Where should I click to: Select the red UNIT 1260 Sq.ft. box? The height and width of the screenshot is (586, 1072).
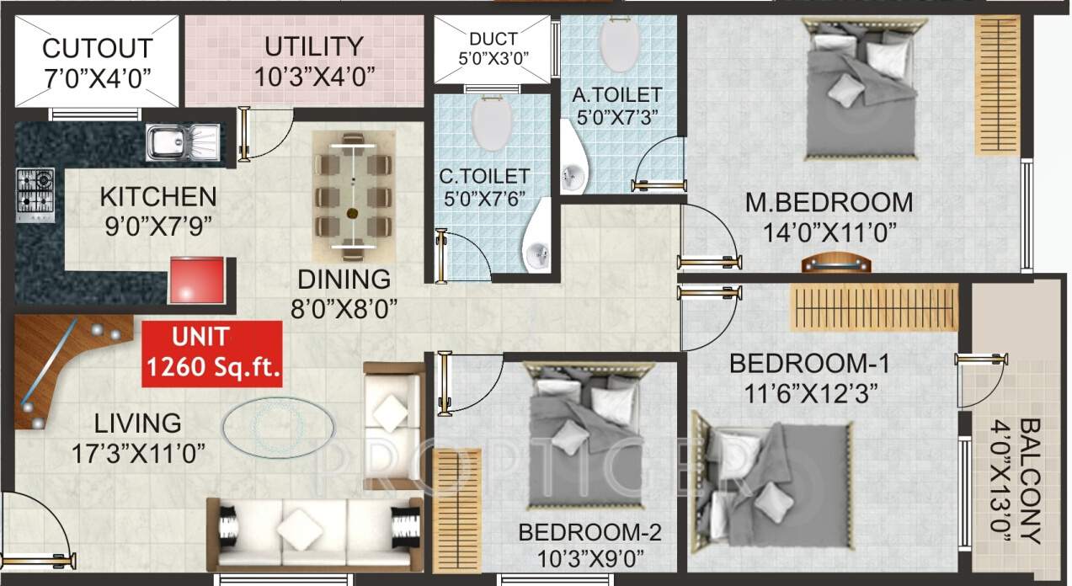click(212, 354)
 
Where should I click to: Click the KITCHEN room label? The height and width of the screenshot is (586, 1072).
click(157, 198)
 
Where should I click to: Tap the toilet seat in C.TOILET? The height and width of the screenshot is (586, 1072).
click(493, 124)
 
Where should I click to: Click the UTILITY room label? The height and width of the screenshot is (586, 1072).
click(314, 45)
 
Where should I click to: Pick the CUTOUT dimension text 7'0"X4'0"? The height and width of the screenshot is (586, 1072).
click(98, 78)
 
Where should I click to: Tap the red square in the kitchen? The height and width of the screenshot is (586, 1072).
click(197, 280)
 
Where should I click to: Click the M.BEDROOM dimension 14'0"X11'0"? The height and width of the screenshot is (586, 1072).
click(829, 232)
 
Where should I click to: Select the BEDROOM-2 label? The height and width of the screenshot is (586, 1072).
click(589, 532)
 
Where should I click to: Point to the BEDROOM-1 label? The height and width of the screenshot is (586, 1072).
click(808, 364)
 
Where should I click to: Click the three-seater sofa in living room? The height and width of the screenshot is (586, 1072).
click(315, 533)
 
